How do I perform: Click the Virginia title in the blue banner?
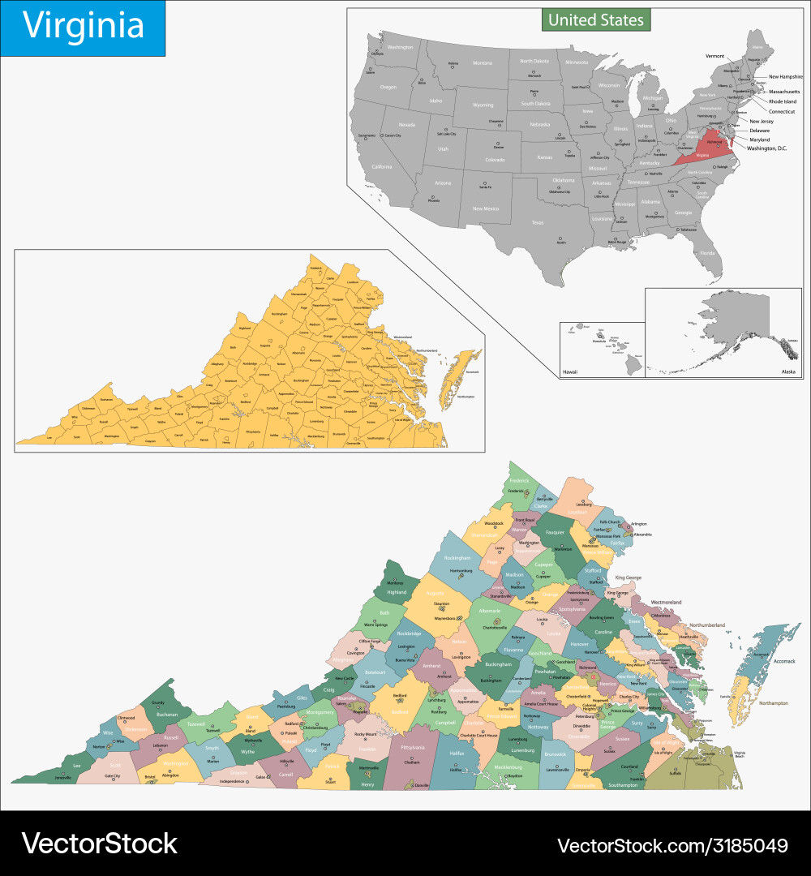[x=83, y=26]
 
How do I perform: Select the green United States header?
[x=596, y=19]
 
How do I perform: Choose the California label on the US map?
[x=382, y=166]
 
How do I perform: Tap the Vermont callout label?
[x=714, y=56]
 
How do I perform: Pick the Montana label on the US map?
[x=483, y=63]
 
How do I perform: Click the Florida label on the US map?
[x=708, y=253]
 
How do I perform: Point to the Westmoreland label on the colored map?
[x=667, y=603]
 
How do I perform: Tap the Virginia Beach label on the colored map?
[x=740, y=755]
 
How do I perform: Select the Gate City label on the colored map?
[x=112, y=775]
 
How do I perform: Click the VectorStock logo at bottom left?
[x=99, y=844]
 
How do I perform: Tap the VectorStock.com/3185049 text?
[x=672, y=845]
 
